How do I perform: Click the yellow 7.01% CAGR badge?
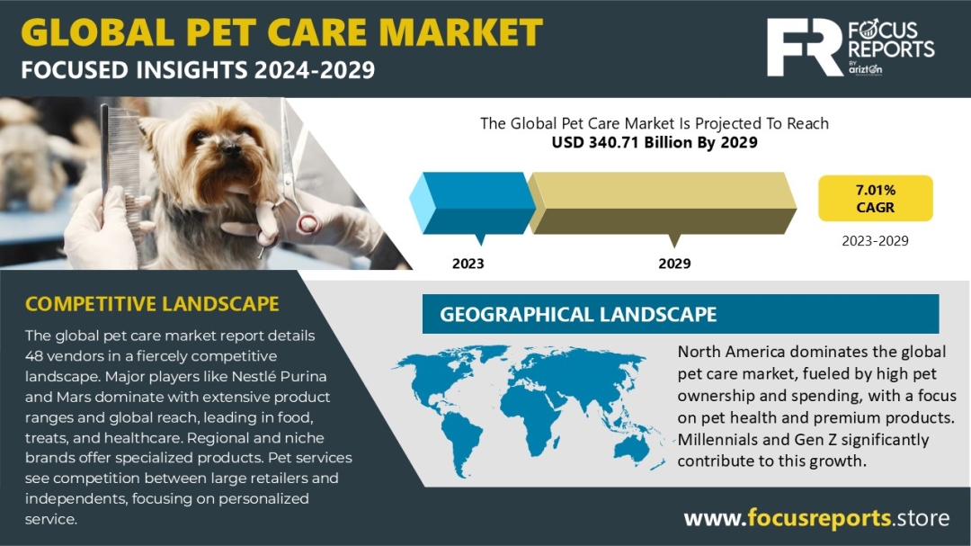tap(875, 198)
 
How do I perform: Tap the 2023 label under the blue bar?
tap(468, 264)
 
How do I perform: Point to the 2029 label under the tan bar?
tap(674, 264)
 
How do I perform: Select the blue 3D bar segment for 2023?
tap(473, 202)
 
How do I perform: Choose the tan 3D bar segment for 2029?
tap(662, 202)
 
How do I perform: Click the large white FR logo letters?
tap(805, 47)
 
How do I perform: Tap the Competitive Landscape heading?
tap(152, 304)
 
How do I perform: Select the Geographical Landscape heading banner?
tap(680, 314)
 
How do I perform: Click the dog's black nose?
tap(230, 148)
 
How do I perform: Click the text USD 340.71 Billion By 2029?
tap(655, 142)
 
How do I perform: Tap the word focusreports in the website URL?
tap(819, 517)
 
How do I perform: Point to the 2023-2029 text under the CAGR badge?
tap(875, 240)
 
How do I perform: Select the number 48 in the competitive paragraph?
tap(34, 355)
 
